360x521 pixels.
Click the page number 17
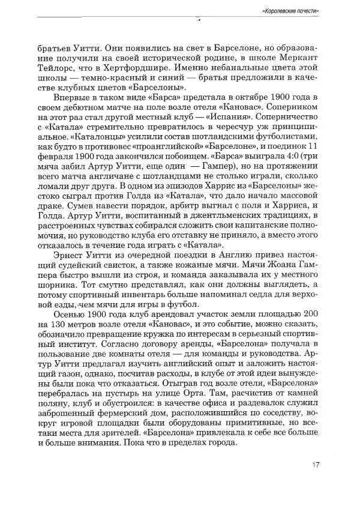316,463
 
